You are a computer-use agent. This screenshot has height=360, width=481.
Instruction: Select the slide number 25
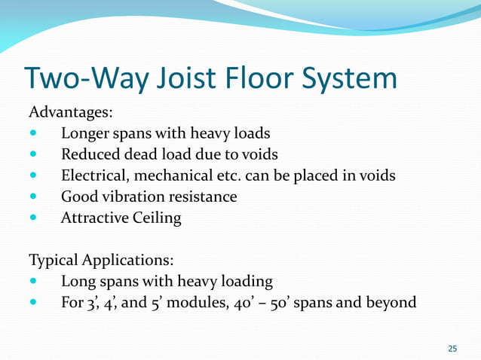[452, 348]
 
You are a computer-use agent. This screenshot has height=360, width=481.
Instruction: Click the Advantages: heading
[71, 113]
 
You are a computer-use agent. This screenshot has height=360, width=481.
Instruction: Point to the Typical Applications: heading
[101, 261]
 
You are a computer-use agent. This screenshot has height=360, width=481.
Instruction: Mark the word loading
[245, 282]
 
